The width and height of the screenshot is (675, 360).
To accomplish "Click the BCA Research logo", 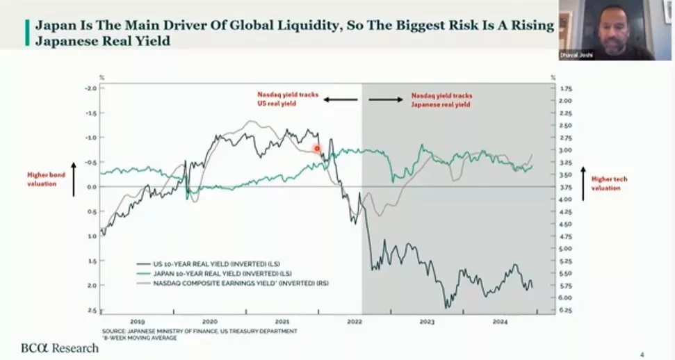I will click(x=59, y=347).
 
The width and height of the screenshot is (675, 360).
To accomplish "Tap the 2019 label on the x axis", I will click(x=137, y=322).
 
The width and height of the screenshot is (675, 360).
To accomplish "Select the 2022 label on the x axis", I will click(x=355, y=322).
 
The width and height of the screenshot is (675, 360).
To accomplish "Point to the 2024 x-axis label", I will click(x=499, y=322).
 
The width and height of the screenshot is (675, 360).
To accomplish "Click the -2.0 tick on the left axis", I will click(x=90, y=88).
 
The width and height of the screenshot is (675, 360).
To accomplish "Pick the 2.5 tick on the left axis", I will click(x=92, y=310).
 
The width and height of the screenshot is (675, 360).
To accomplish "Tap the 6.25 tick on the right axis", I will click(x=565, y=310).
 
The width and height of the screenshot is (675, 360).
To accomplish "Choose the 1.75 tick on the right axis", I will click(x=565, y=88).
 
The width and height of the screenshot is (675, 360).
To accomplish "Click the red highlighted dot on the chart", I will click(x=318, y=148).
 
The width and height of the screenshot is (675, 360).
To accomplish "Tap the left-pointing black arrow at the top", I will click(x=340, y=99).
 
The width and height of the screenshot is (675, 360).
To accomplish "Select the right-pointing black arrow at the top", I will click(x=385, y=99).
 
